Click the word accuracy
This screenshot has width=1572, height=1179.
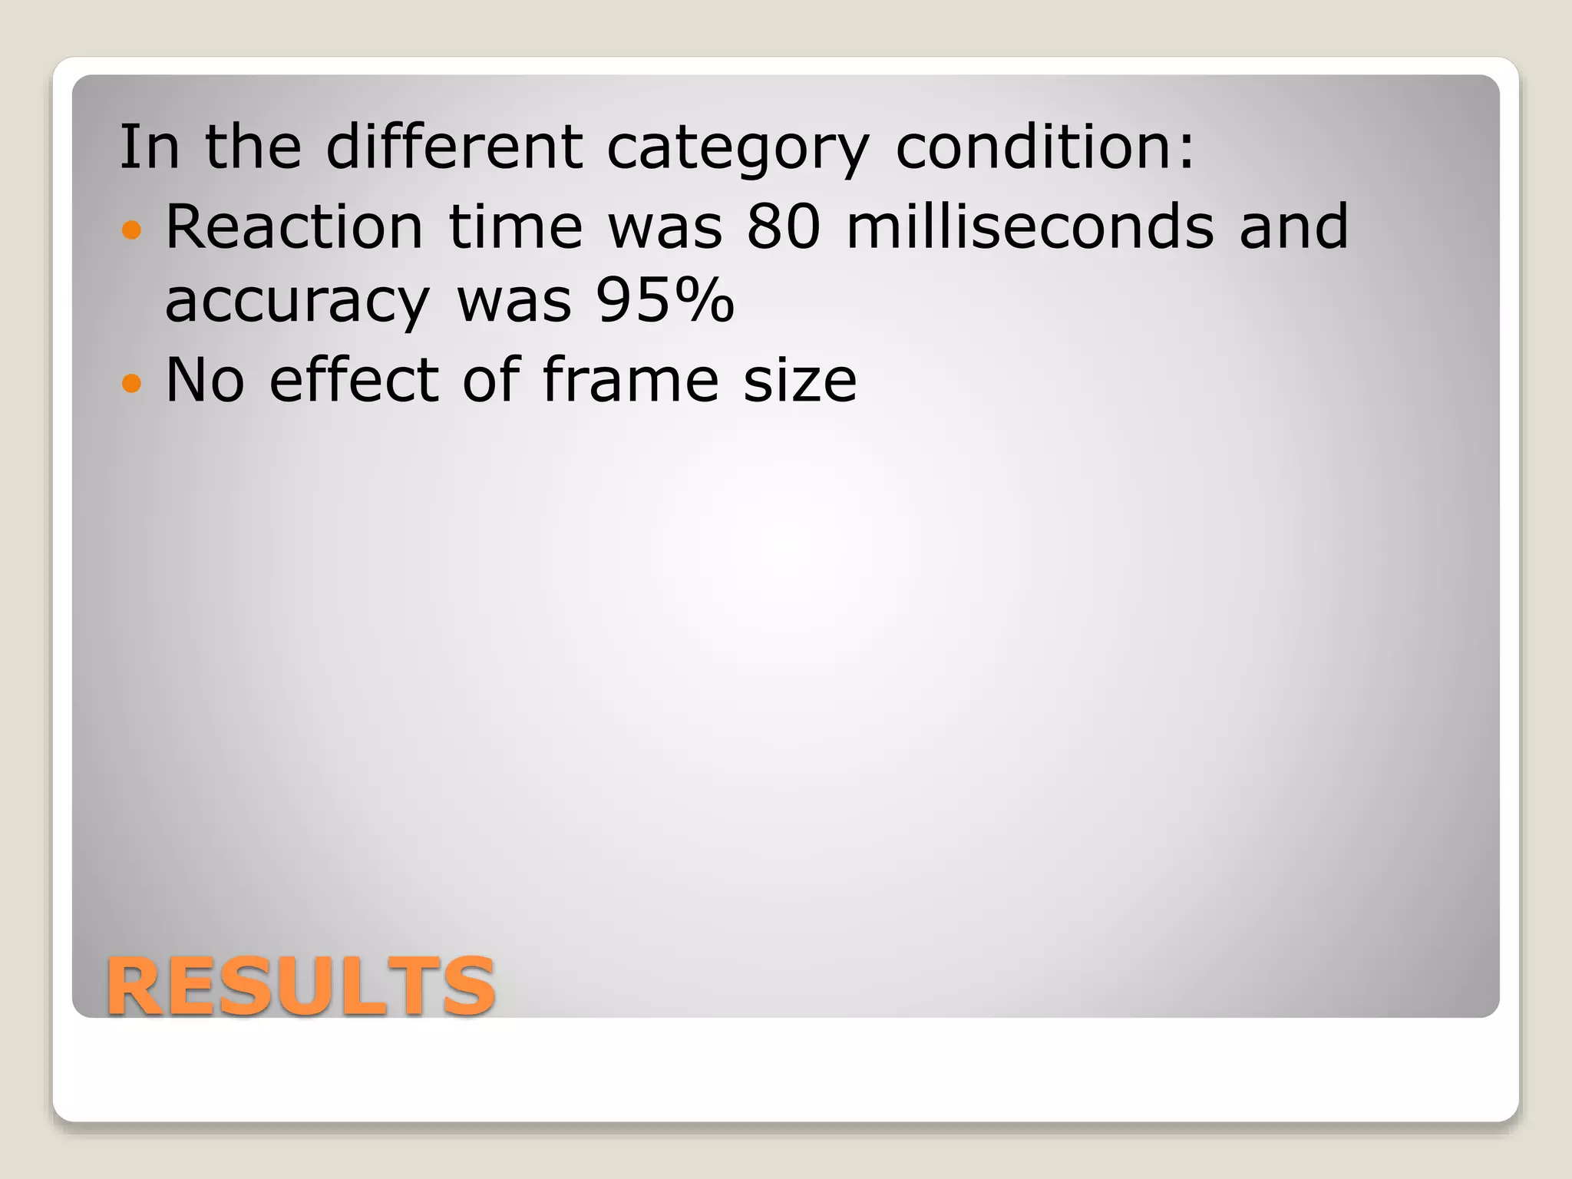click(297, 302)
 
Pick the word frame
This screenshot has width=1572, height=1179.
click(630, 380)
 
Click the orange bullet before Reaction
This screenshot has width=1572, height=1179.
click(132, 229)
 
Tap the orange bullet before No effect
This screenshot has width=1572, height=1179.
click(132, 382)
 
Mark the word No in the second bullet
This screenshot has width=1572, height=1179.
click(205, 380)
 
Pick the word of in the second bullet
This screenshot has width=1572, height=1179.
click(491, 380)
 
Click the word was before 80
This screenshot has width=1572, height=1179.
click(665, 228)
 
